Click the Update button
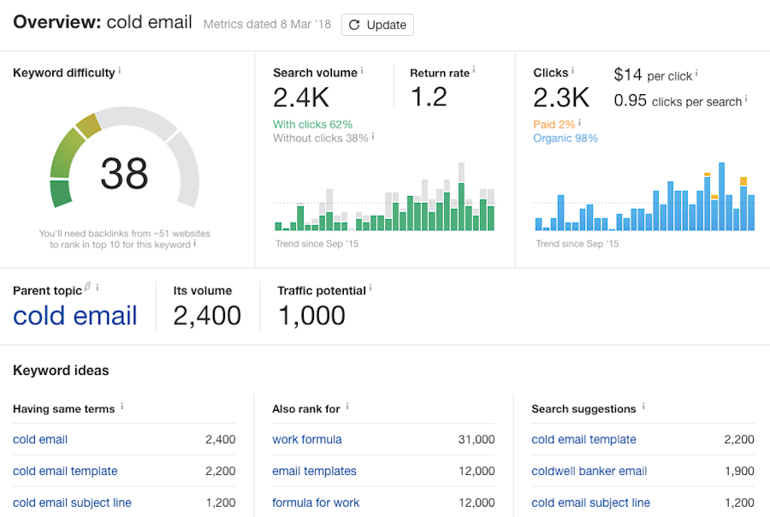click(x=377, y=25)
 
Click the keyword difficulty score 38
click(x=124, y=174)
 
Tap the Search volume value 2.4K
click(x=301, y=98)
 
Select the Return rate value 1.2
click(x=429, y=98)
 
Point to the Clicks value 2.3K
click(x=561, y=98)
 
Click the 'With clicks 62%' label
click(x=312, y=124)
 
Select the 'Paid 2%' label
click(x=554, y=124)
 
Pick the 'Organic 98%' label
click(x=565, y=138)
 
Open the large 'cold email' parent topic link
click(x=75, y=316)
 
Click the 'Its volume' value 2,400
click(x=207, y=316)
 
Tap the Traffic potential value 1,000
click(x=311, y=316)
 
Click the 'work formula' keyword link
click(x=307, y=439)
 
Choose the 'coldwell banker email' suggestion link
click(x=589, y=471)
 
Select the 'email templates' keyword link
click(x=314, y=471)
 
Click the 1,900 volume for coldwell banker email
click(x=737, y=471)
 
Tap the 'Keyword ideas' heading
click(x=61, y=371)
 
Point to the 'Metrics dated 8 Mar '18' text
click(x=267, y=25)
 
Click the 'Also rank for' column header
click(x=307, y=409)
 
